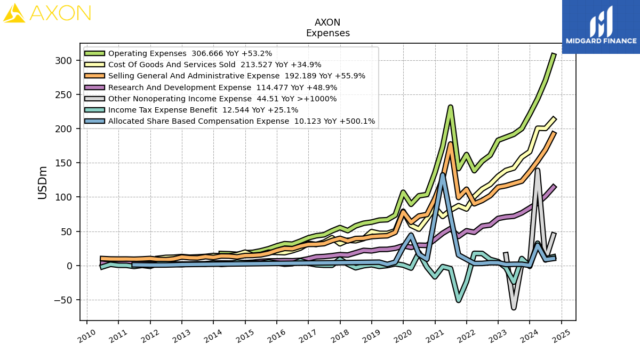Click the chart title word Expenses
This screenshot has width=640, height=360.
[327, 33]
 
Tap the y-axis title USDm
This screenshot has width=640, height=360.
[42, 182]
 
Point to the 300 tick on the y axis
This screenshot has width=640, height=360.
[63, 61]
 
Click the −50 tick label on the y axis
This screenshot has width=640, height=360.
[63, 300]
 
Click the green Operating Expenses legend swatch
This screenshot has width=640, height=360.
[94, 53]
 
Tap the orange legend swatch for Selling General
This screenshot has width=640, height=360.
[94, 76]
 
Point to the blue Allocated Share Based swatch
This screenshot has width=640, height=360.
[94, 121]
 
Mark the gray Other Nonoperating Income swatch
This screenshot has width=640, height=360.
[94, 99]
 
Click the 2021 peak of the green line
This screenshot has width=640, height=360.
[451, 107]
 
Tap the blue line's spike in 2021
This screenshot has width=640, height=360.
[443, 175]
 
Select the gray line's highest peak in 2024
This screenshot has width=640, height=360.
[538, 170]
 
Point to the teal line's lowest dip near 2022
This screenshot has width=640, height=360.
[459, 300]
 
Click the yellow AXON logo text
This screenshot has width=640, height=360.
[60, 13]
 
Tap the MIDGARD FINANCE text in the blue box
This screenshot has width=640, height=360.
[601, 41]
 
